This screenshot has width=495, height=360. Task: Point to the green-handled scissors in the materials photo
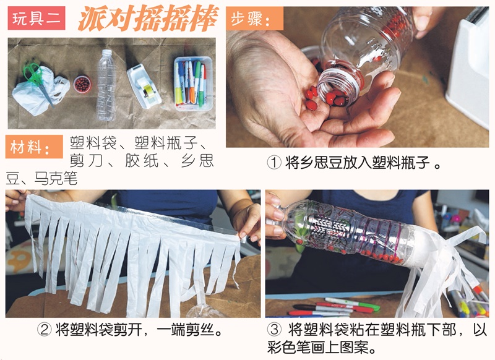(38, 77)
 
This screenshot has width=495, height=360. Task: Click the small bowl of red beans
(82, 83)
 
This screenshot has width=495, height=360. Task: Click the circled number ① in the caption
(274, 163)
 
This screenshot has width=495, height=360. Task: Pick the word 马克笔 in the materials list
(56, 179)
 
